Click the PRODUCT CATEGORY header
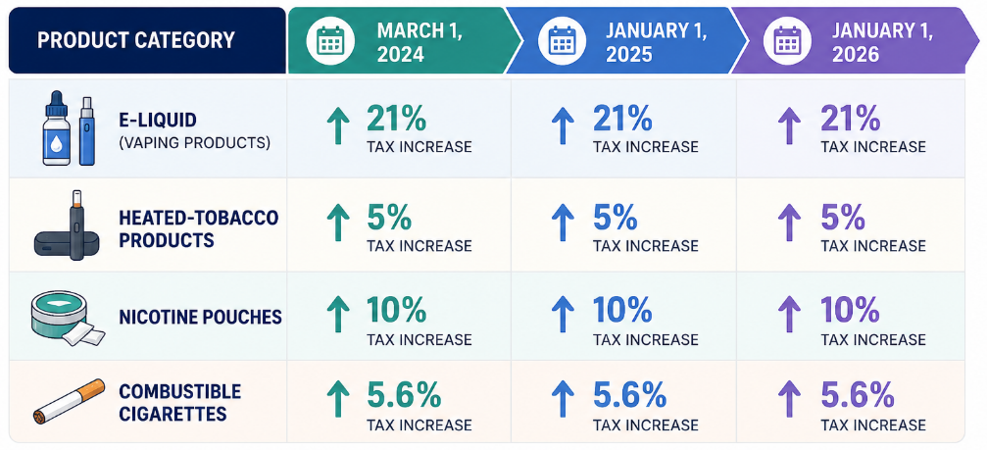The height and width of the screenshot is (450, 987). [136, 40]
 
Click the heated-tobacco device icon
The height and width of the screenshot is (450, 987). [67, 225]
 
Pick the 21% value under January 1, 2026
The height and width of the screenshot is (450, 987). [850, 119]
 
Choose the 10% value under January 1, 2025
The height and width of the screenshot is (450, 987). [622, 310]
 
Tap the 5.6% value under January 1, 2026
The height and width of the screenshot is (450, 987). [858, 396]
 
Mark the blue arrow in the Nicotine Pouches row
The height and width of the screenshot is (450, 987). [563, 315]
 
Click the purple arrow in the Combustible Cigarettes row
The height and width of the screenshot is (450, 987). [789, 401]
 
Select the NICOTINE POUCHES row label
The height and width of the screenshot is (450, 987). [200, 317]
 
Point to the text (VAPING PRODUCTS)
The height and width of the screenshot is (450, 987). [194, 143]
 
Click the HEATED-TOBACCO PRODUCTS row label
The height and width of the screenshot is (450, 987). [198, 229]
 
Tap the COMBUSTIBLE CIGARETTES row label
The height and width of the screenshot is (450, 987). [180, 403]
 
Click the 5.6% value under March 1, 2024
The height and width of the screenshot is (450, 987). [404, 396]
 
